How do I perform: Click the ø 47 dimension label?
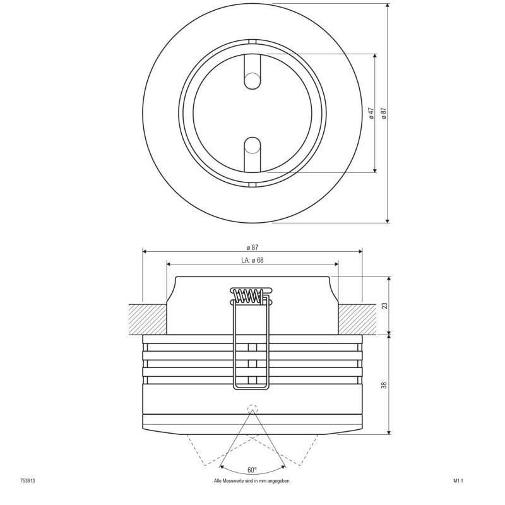click(x=372, y=113)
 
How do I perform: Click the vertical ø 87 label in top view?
click(x=383, y=113)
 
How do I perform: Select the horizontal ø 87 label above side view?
click(x=252, y=247)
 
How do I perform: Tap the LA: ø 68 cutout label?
click(x=252, y=259)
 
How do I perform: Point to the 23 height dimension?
click(x=384, y=305)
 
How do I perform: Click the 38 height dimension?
click(x=384, y=384)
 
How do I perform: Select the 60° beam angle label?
click(x=252, y=470)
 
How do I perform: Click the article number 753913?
click(x=27, y=481)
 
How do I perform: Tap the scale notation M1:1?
click(x=458, y=481)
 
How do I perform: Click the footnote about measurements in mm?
click(x=252, y=481)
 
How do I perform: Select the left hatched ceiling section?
click(x=148, y=319)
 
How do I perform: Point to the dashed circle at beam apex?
click(x=252, y=408)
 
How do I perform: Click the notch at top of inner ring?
click(x=252, y=42)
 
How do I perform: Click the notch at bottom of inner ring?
click(x=252, y=184)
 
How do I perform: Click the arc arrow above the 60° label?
click(x=252, y=463)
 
